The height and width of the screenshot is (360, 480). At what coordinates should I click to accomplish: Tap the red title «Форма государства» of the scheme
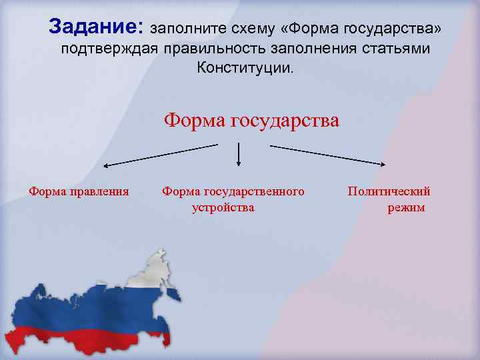point(251,120)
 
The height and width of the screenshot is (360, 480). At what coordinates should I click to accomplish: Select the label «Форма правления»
point(79,192)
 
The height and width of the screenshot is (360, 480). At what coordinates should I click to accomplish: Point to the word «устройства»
point(223,207)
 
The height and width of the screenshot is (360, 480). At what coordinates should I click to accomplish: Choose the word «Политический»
point(389,192)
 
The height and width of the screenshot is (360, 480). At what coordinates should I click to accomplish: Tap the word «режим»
point(406,207)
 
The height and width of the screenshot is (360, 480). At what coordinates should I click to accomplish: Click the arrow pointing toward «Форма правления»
point(160,154)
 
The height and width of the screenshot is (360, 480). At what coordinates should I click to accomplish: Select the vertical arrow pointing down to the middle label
point(239,155)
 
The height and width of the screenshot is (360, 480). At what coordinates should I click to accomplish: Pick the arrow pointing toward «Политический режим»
point(327,154)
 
